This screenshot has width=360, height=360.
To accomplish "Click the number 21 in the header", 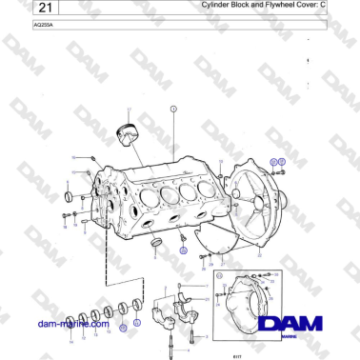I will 22,8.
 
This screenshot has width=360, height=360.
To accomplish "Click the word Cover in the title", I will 324,6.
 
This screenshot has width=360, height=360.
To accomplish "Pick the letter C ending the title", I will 350,6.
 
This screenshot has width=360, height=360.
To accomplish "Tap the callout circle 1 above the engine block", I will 174,110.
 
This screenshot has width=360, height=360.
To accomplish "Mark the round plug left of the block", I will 68,197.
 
